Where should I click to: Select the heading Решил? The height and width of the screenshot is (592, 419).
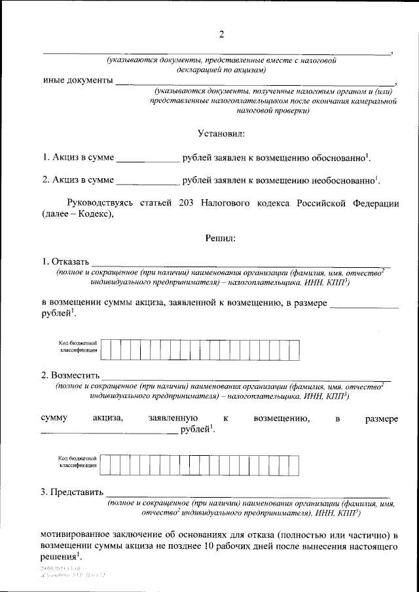coord(221,238)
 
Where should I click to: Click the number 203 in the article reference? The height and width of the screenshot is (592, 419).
coord(186,203)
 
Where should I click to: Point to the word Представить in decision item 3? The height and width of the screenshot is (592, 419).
coord(77,492)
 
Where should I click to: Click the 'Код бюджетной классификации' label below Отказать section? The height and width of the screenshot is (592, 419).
coord(78,347)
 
